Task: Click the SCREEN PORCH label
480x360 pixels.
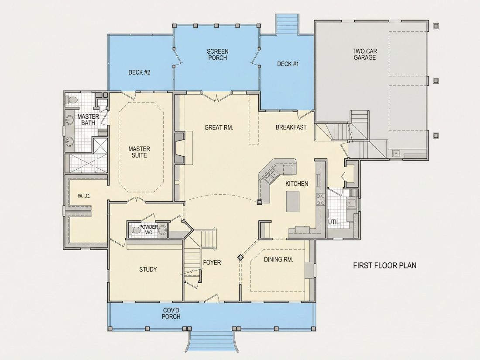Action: point(217,55)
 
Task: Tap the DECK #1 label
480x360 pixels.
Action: point(288,64)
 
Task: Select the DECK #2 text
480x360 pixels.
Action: point(139,72)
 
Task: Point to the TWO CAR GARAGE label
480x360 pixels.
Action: point(365,54)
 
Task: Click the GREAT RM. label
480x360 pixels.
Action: point(219,127)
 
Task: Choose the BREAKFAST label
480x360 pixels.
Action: point(291,127)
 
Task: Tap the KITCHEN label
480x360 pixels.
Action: point(297,183)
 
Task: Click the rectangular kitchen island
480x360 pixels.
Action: point(293,201)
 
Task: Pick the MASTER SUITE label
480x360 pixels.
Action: point(139,152)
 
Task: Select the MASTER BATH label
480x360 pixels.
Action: point(88,120)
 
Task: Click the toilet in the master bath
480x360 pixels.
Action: point(72,100)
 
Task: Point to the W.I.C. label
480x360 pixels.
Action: point(84,196)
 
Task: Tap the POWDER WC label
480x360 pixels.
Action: point(148,230)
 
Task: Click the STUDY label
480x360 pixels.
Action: point(148,269)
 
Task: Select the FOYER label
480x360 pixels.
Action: point(212,262)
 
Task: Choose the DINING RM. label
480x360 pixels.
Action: point(278,260)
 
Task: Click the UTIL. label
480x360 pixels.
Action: point(334,222)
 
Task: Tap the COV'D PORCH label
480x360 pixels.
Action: point(171,313)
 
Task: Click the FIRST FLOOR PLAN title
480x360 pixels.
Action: point(385,265)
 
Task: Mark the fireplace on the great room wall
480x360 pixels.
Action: point(180,148)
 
